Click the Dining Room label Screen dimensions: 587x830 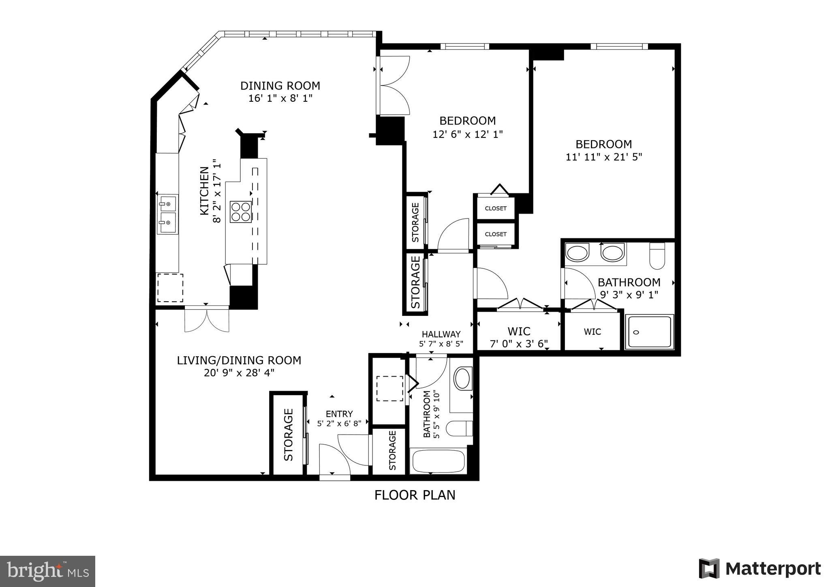point(280,86)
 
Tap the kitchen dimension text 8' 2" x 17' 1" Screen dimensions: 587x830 point(218,191)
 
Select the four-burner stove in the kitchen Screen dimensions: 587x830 point(240,212)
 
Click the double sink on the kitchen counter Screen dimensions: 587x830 point(167,214)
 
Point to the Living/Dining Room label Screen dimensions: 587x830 point(239,360)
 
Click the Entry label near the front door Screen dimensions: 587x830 point(339,414)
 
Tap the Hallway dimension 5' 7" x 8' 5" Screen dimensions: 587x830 point(441,344)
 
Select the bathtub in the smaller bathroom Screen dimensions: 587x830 point(438,461)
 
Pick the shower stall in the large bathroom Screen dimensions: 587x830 point(649,332)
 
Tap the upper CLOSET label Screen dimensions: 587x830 point(496,208)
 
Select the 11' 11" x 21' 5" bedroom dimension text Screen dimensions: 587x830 point(604,157)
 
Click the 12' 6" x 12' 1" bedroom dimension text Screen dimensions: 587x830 point(468,134)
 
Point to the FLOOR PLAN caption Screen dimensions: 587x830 point(415,495)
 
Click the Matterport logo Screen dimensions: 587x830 point(759,569)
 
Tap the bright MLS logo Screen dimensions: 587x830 point(47,572)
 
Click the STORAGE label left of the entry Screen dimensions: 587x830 point(288,435)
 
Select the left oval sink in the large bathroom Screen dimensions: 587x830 point(577,253)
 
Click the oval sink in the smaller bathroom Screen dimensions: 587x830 point(462,379)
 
